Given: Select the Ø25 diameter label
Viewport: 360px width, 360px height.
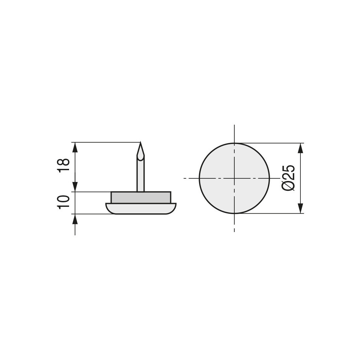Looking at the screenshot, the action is coord(288,178).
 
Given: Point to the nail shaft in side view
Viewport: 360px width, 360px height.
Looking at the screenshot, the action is coord(140,173).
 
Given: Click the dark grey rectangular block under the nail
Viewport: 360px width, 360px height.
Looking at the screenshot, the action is coord(141,197).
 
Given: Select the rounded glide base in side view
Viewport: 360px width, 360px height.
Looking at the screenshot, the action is coord(141,208).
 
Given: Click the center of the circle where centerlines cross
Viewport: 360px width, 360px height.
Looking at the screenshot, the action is coord(234,178).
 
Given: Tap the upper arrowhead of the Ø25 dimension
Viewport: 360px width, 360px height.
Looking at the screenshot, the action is coord(300,148).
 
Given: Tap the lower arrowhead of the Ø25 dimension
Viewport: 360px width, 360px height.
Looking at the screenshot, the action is coord(300,208).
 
